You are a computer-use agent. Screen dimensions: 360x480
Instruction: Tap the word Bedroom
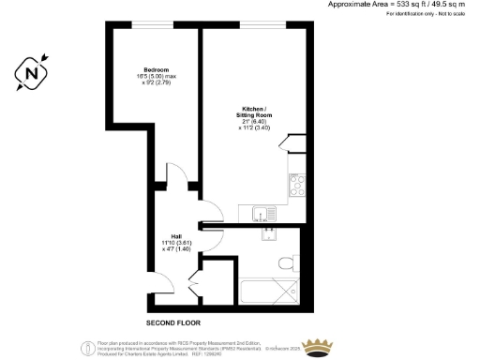[155, 71]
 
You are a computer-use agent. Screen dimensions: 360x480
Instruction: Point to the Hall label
[175, 235]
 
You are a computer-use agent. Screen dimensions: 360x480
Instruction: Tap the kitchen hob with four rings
[297, 184]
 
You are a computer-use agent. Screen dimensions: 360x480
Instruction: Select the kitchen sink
[266, 213]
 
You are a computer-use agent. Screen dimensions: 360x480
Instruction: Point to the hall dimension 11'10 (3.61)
[175, 244]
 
